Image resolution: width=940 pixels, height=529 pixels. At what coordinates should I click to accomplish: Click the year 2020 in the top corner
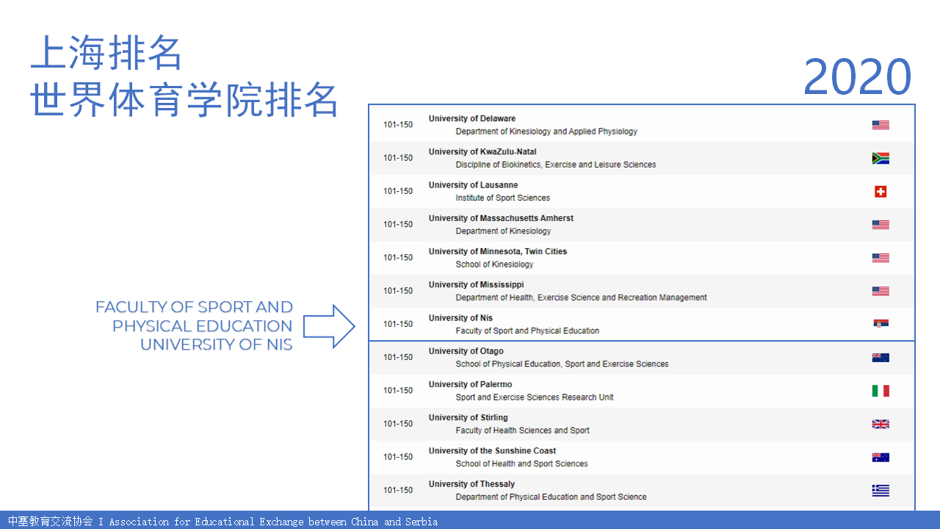tap(857, 76)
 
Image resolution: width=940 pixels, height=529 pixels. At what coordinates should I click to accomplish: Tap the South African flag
tap(881, 158)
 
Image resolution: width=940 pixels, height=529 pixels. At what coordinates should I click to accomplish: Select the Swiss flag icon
tap(881, 192)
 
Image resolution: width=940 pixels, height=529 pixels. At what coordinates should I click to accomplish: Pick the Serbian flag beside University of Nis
tap(881, 324)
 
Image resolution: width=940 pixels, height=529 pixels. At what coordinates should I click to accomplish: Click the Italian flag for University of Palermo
tap(881, 391)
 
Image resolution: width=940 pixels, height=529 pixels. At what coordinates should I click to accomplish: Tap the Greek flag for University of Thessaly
tap(881, 490)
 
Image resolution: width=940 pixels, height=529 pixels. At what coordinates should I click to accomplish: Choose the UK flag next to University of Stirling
tap(881, 424)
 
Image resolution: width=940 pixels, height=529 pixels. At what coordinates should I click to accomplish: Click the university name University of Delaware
tap(472, 119)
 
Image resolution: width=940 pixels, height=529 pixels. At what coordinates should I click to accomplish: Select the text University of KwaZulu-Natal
tap(482, 152)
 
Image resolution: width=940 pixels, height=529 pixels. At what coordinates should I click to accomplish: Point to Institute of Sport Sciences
tap(503, 198)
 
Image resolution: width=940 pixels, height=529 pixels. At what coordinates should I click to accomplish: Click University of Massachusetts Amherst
tap(501, 218)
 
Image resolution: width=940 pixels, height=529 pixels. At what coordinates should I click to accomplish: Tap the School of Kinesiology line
tap(494, 264)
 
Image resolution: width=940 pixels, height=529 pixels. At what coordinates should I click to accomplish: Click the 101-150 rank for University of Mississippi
tap(398, 291)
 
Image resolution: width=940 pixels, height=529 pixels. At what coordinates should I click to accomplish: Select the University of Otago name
tap(466, 351)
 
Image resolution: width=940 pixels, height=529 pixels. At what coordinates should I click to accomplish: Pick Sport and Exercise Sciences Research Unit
tap(535, 397)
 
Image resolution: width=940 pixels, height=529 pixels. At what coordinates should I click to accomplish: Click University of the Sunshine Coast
tap(492, 451)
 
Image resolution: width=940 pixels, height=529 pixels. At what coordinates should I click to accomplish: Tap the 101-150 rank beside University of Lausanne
tap(398, 192)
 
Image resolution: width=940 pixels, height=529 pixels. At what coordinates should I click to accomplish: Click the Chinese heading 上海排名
tap(106, 52)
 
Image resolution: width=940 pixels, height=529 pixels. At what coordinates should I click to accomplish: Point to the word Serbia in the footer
tap(422, 522)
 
